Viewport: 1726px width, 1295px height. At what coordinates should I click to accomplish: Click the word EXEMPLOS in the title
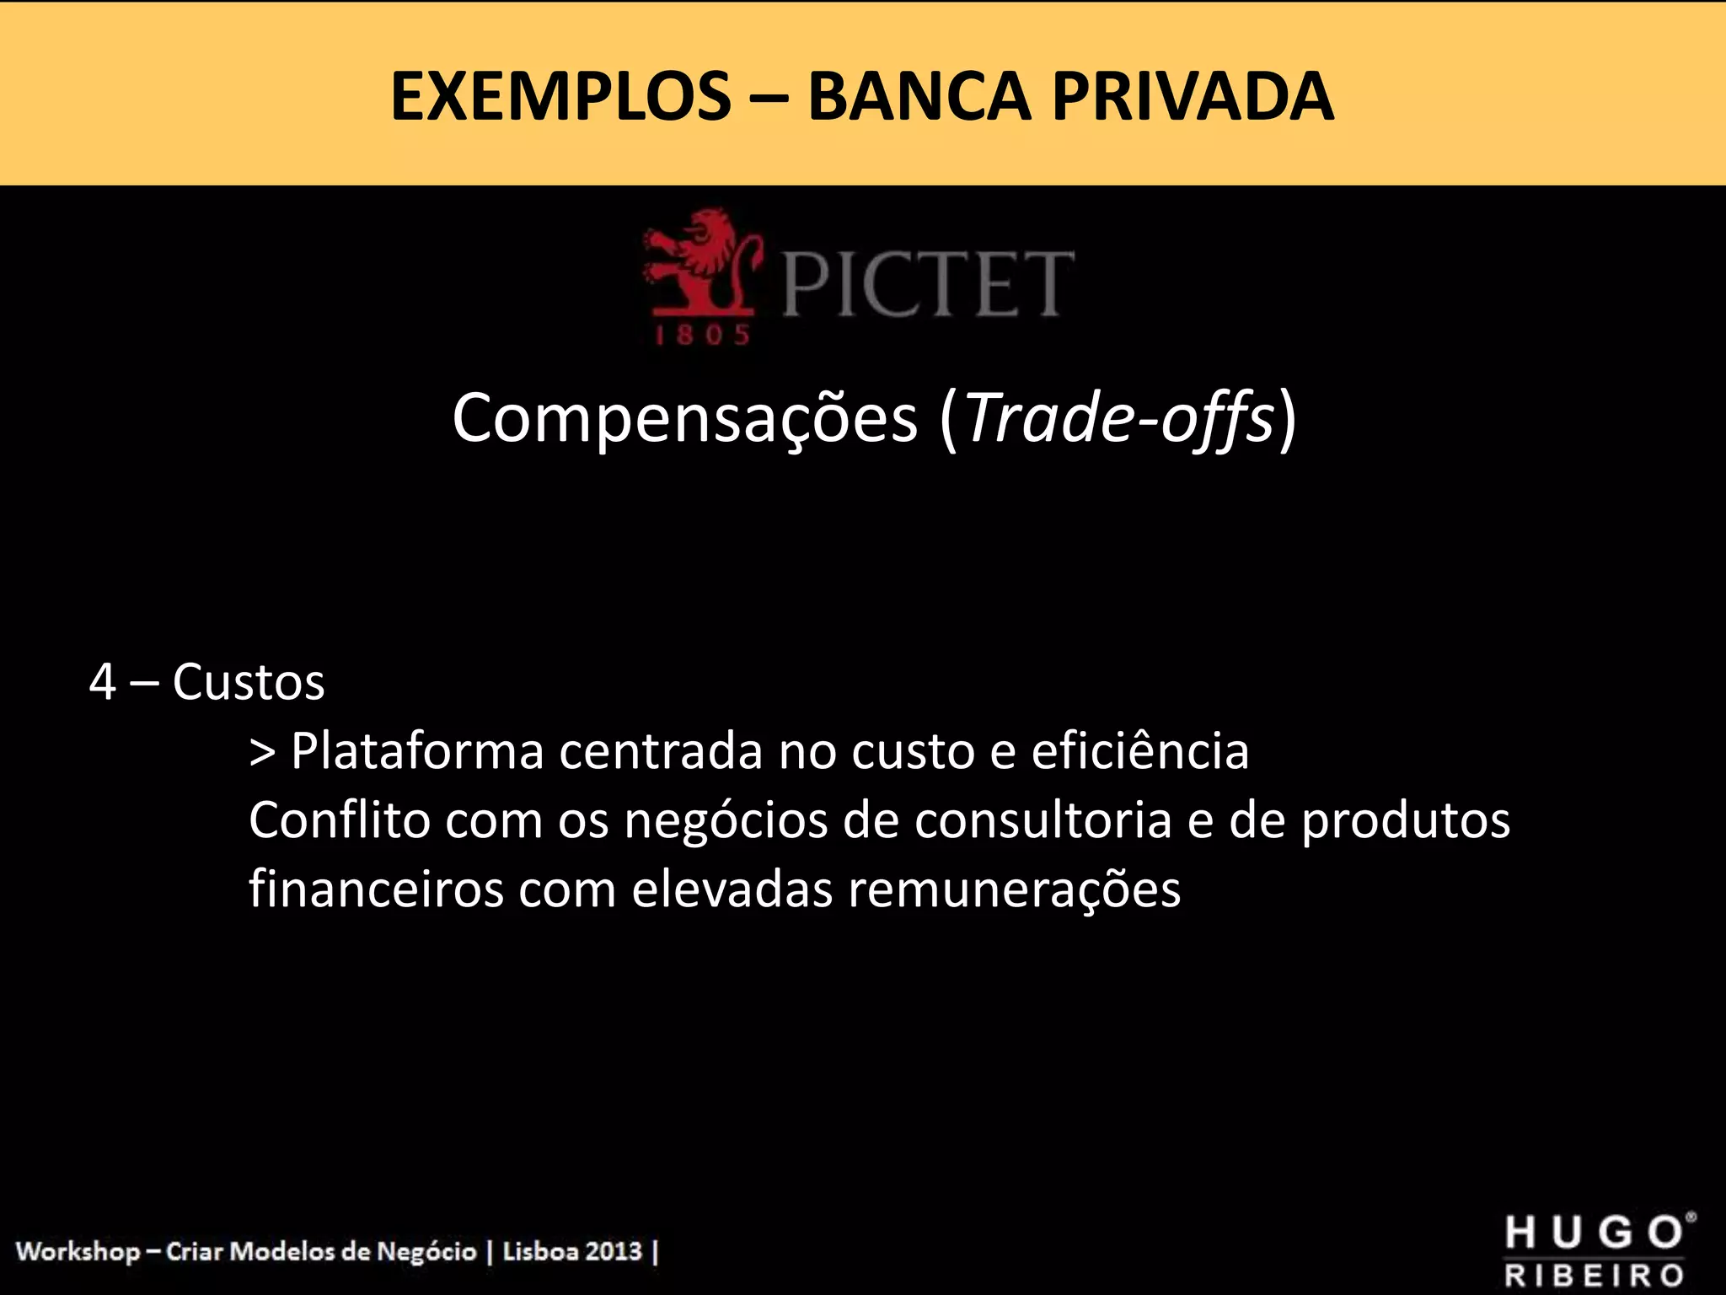pos(560,97)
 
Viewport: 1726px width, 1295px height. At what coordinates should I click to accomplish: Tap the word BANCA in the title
pos(919,97)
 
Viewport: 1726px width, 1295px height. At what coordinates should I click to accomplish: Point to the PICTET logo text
pos(928,284)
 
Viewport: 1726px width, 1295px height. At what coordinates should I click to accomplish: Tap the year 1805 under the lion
pos(703,336)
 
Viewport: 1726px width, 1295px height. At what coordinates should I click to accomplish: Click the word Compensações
pos(684,418)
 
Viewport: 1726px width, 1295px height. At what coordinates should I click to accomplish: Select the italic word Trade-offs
pos(1118,418)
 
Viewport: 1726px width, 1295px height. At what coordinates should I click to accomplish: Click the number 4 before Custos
pos(102,682)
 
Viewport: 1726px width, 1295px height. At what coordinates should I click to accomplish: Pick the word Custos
pos(249,682)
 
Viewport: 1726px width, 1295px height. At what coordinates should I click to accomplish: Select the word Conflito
pos(340,819)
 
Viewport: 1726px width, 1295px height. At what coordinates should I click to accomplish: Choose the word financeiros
pos(376,889)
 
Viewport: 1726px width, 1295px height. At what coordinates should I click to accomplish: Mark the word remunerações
pos(1014,889)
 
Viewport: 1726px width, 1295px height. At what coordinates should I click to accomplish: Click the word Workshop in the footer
pos(78,1251)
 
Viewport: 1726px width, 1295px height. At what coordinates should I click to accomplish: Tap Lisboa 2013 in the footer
pos(572,1250)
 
